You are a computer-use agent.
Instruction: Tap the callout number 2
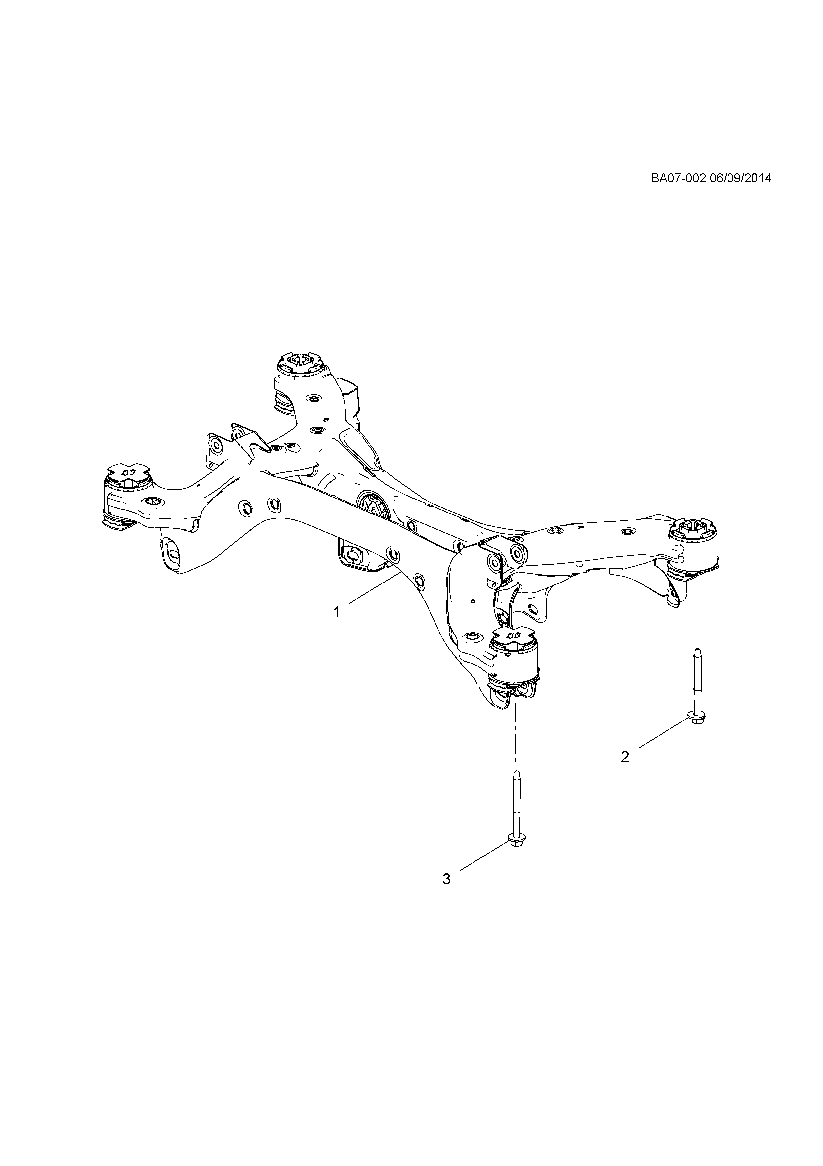pos(625,771)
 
